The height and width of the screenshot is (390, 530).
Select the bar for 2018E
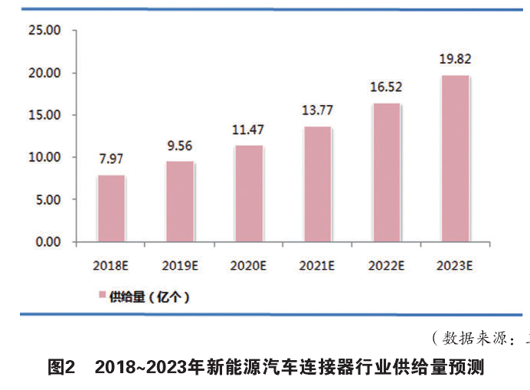(x=111, y=208)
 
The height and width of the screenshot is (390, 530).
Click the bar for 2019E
(x=180, y=202)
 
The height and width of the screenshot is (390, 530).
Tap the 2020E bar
(x=248, y=194)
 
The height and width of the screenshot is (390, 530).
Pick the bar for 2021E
(x=317, y=184)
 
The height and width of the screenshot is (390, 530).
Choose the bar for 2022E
(x=386, y=172)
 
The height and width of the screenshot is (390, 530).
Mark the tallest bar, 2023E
(x=455, y=159)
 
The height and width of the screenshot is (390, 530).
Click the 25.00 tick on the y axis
(x=43, y=31)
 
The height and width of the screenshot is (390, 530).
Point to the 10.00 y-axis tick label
(x=43, y=157)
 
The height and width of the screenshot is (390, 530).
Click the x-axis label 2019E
(x=180, y=266)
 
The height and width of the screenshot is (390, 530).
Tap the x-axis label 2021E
(x=317, y=266)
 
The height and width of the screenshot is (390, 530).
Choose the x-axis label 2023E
(x=455, y=266)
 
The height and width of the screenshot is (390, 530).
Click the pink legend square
(x=100, y=295)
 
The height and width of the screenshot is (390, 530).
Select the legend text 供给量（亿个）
(x=149, y=295)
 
